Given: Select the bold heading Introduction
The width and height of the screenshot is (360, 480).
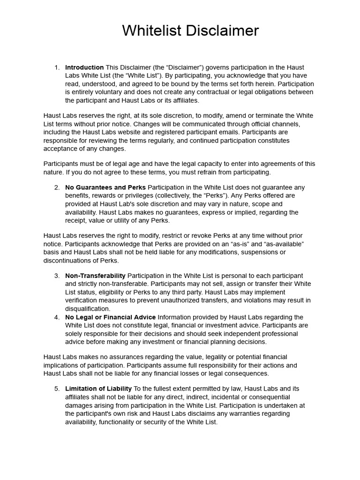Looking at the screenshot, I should (84, 67).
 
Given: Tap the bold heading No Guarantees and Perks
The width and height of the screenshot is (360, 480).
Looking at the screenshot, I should (105, 187).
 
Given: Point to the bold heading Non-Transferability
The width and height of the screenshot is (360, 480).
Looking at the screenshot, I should (95, 276).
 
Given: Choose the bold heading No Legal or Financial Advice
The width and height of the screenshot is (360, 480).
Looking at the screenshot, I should (111, 317).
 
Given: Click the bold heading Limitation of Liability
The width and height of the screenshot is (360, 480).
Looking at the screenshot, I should (98, 389).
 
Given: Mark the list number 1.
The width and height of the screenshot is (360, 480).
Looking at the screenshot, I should (57, 67).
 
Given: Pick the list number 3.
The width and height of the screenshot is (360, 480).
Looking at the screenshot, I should (57, 276).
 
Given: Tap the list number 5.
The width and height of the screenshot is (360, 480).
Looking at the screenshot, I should (57, 389).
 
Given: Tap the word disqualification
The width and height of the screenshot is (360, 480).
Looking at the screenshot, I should (88, 309).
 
